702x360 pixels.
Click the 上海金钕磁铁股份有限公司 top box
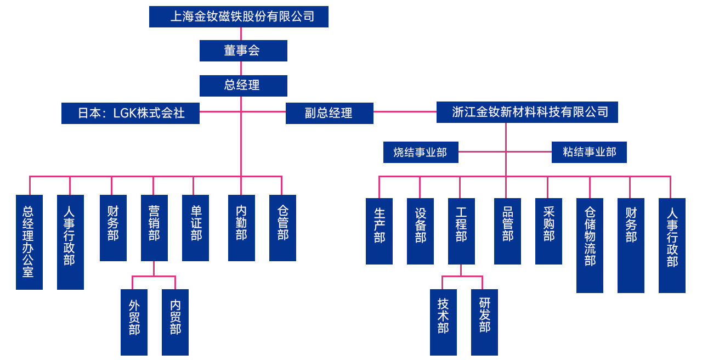[239, 16]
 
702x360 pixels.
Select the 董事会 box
[243, 50]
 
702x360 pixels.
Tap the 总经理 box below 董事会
[243, 85]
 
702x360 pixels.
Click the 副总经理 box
[329, 113]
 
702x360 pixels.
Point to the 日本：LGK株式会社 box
[131, 113]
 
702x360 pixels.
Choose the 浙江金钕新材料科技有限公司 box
[527, 112]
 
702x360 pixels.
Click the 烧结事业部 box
[420, 153]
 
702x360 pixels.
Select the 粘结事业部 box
[588, 152]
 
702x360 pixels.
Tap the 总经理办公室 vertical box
[29, 242]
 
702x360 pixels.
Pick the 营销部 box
[154, 228]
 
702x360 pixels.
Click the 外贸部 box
[134, 322]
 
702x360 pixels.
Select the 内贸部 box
[175, 322]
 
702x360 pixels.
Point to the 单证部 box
[195, 228]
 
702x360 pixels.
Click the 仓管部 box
[282, 228]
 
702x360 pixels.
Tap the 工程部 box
[461, 231]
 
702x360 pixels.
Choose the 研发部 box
[484, 322]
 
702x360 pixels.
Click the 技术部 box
[443, 322]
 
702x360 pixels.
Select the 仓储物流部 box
[590, 245]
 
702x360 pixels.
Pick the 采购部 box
[548, 231]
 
